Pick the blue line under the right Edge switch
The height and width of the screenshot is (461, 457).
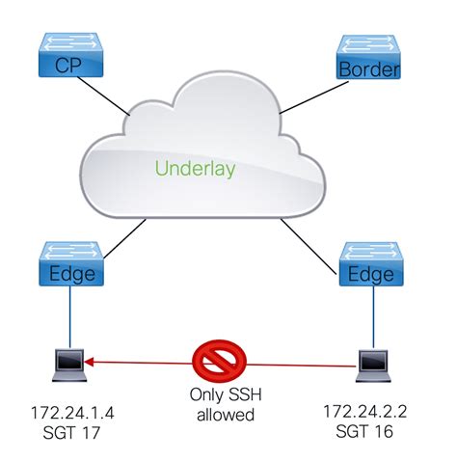[371, 318]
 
